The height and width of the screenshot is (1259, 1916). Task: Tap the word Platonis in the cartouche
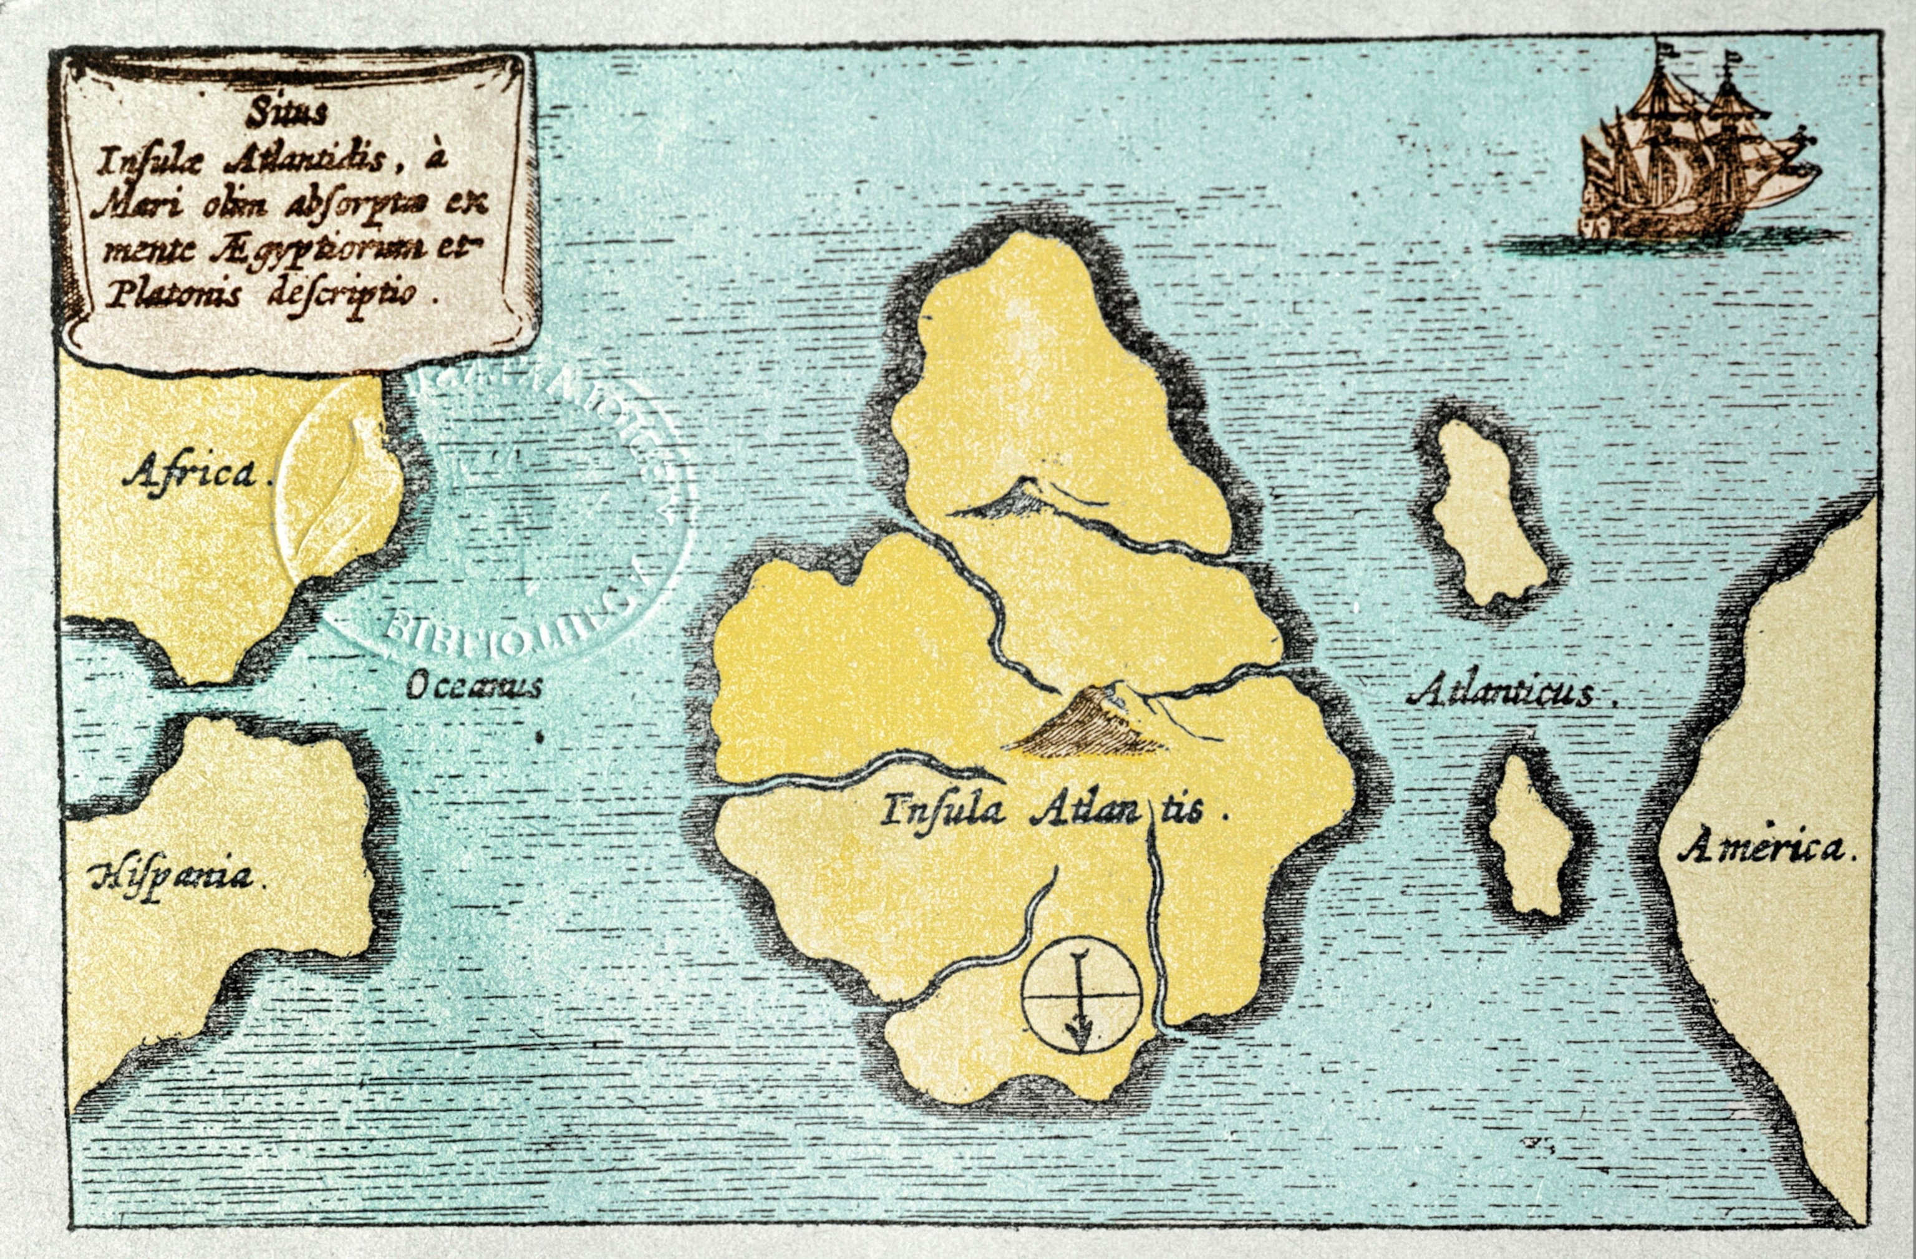(x=174, y=296)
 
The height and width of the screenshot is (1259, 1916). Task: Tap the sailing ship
(x=1691, y=161)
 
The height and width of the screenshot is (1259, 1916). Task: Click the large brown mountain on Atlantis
(x=1087, y=725)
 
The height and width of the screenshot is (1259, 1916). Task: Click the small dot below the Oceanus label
(x=539, y=736)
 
